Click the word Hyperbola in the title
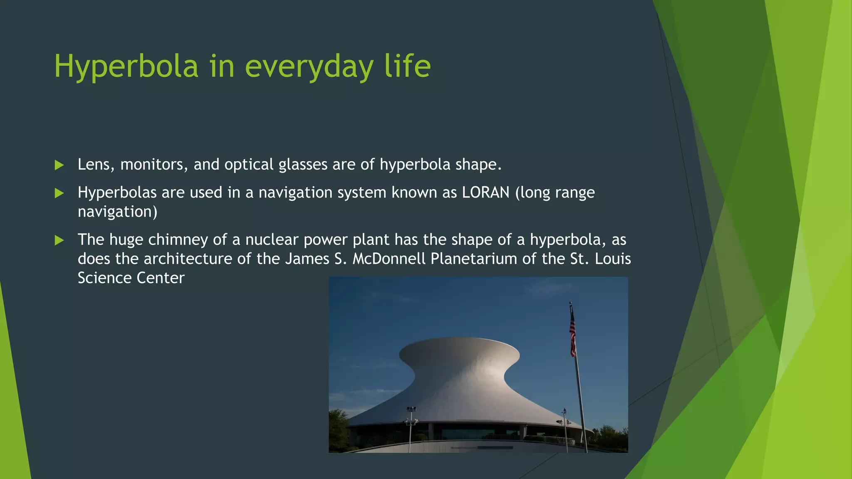(126, 67)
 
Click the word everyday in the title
(309, 67)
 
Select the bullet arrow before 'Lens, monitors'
(59, 165)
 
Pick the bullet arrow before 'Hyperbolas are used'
(59, 193)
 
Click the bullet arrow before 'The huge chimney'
(59, 240)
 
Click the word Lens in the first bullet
(94, 165)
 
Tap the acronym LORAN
(485, 193)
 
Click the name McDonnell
(389, 259)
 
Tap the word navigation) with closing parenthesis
(117, 212)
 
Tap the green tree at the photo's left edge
(338, 428)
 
